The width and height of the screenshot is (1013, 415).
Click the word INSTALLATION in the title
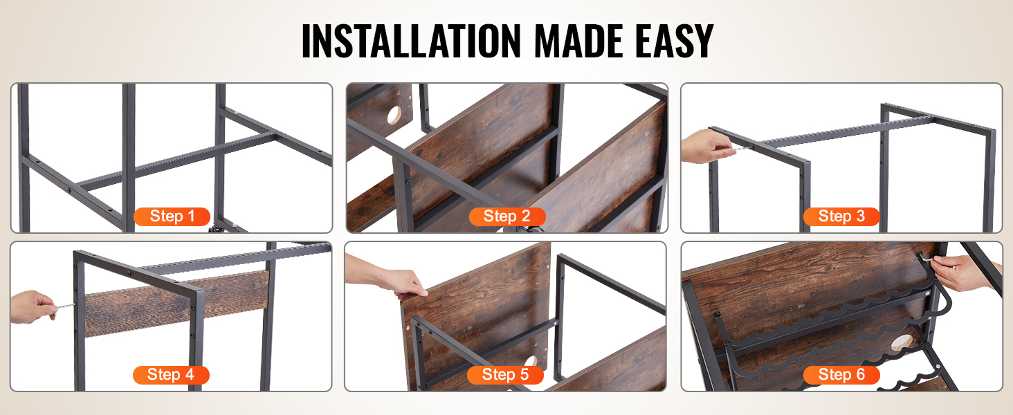(411, 41)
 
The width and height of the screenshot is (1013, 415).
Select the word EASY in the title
(674, 41)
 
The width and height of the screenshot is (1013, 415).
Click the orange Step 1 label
(172, 216)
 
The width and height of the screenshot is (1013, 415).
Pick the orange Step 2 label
(507, 216)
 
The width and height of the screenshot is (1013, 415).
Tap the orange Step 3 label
(841, 216)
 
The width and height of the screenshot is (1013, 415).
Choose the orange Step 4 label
(171, 375)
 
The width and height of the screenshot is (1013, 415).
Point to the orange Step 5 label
(505, 375)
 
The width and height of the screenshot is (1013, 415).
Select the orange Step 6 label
(841, 375)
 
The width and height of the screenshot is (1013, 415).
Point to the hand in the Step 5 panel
(389, 277)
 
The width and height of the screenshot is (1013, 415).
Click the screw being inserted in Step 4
(64, 306)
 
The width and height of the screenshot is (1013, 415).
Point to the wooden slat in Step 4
(176, 303)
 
